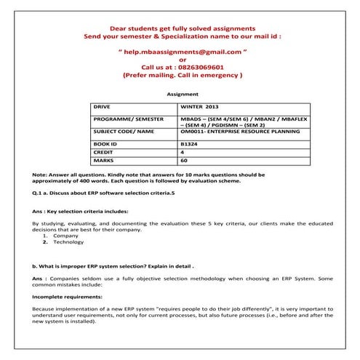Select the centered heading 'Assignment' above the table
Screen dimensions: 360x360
point(183,94)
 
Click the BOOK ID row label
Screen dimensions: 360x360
point(106,144)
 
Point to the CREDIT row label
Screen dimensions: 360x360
point(105,152)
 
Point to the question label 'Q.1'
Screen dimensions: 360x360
point(39,196)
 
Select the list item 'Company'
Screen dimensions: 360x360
point(66,236)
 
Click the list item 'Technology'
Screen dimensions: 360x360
point(69,243)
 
